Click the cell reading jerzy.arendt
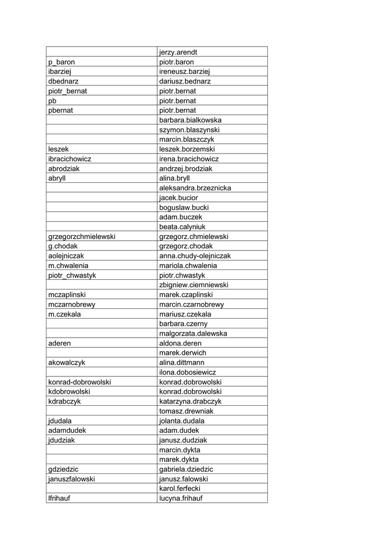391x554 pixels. coord(182,52)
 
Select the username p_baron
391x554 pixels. coord(62,62)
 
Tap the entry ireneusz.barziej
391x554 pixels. coord(184,72)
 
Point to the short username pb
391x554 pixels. coord(52,101)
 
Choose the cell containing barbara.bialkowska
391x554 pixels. coord(190,120)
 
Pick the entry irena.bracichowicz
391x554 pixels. coord(188,159)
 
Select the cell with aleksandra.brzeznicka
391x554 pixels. coord(195,188)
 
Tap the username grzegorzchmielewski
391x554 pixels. coord(82,236)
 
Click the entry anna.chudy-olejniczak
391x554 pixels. coord(195,256)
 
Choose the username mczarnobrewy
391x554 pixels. coord(72,305)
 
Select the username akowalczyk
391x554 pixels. coord(68,362)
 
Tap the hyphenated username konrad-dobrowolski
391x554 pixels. coord(79,382)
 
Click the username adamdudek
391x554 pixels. coord(67,431)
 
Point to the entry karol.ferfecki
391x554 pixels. coord(180,489)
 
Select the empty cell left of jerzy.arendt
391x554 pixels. coord(101,52)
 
